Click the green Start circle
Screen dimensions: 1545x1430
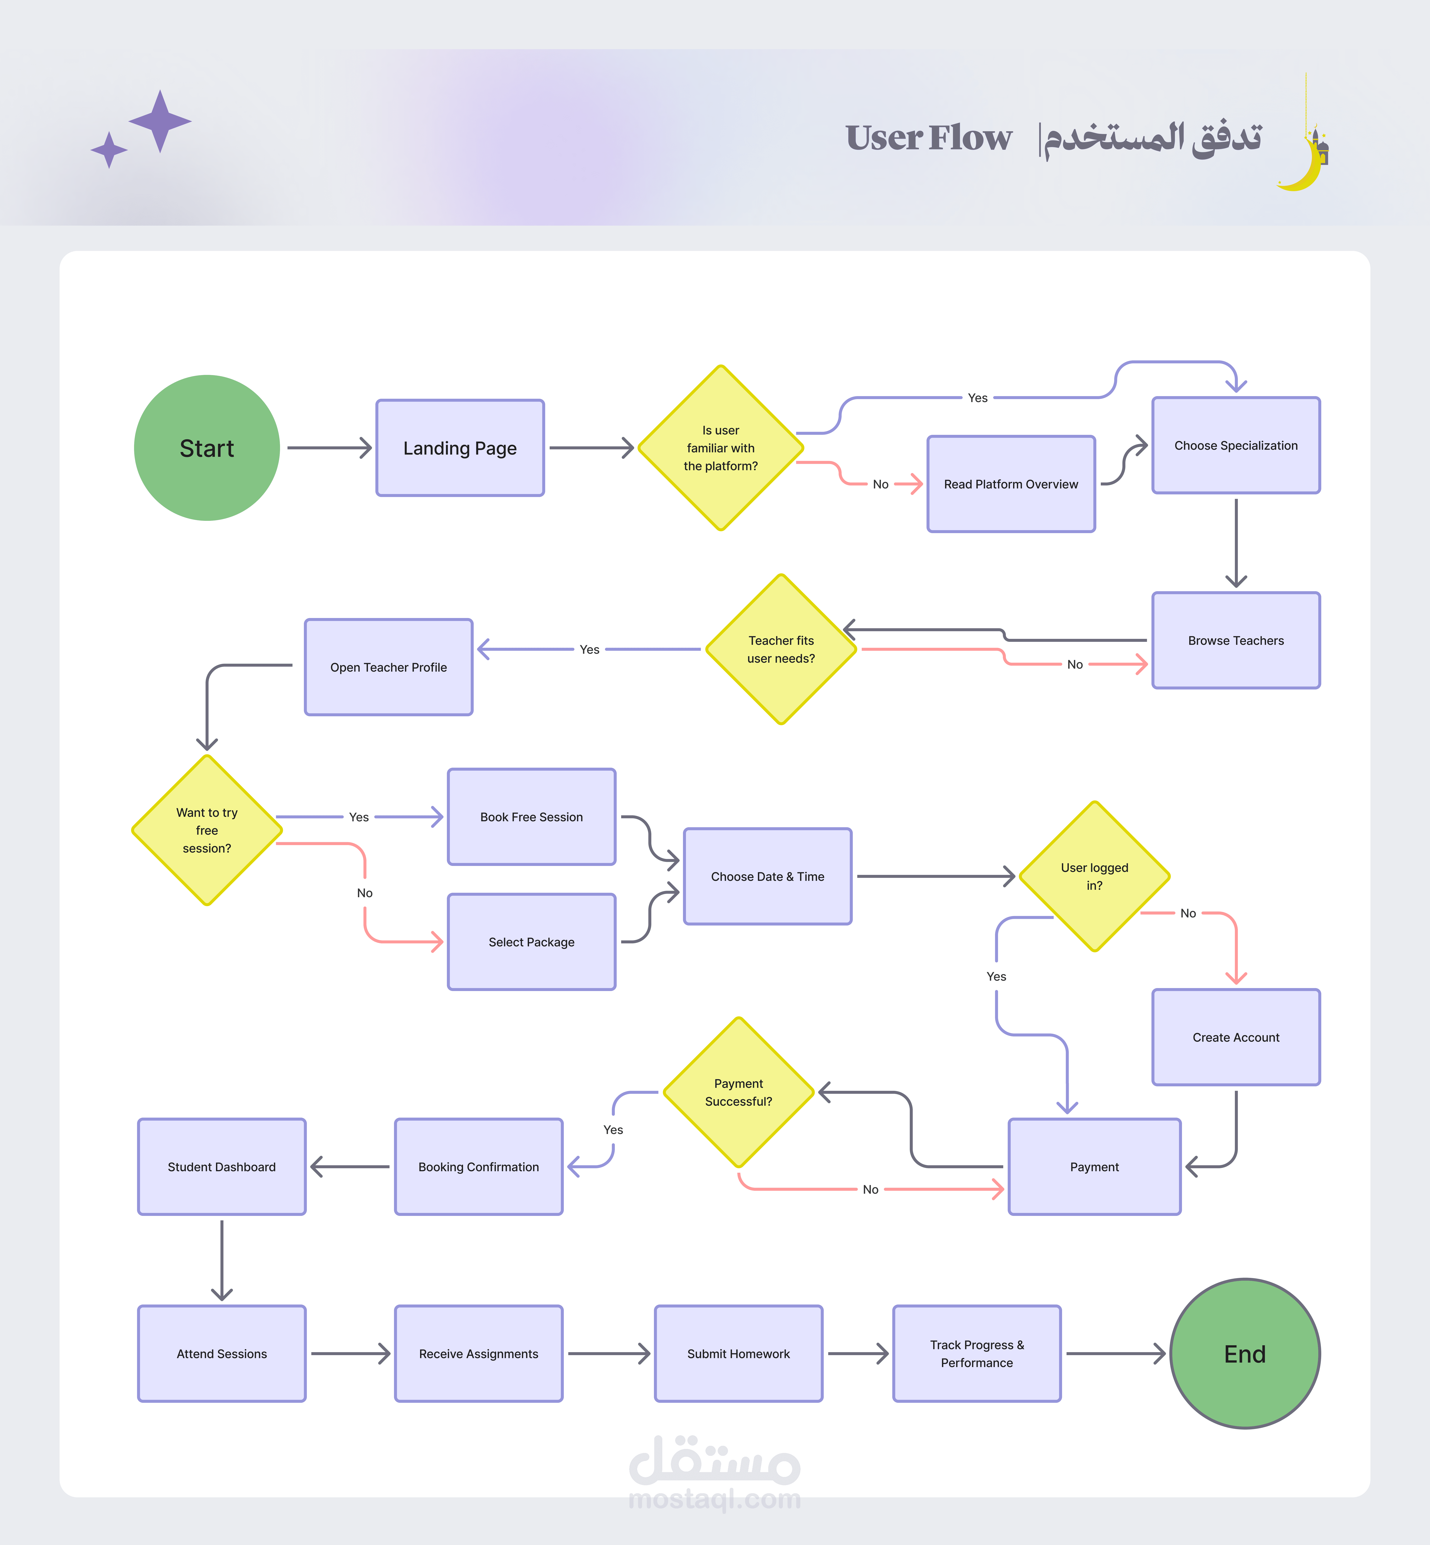[207, 448]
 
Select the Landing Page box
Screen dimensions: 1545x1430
[460, 448]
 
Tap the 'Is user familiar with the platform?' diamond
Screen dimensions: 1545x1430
[720, 448]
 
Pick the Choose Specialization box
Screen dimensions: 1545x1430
[1236, 446]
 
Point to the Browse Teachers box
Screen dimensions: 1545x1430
[1236, 641]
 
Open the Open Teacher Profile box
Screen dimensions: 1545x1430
[388, 667]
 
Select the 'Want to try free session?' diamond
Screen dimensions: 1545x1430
[207, 830]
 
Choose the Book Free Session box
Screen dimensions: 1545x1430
[532, 817]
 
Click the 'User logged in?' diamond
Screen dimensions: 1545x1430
[1094, 877]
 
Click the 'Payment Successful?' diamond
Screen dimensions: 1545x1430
[738, 1092]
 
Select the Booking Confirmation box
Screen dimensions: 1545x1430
[478, 1167]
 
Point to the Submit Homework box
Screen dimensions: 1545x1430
[738, 1354]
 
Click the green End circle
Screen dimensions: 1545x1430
[1244, 1354]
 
